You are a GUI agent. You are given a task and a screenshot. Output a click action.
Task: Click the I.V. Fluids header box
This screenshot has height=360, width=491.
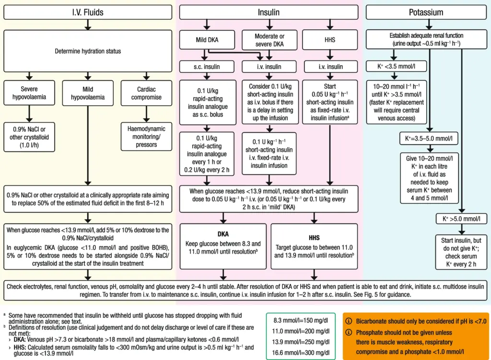pyautogui.click(x=87, y=12)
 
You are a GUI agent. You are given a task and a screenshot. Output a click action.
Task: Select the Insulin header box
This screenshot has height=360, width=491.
pyautogui.click(x=269, y=12)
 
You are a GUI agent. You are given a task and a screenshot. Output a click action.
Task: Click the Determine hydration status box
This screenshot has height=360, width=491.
pyautogui.click(x=87, y=51)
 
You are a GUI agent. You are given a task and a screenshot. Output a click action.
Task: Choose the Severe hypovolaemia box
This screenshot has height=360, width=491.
pyautogui.click(x=29, y=93)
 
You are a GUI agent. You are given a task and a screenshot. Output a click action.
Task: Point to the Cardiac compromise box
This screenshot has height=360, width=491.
pyautogui.click(x=146, y=93)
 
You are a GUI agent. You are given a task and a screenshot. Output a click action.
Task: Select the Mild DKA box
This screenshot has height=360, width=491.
pyautogui.click(x=207, y=40)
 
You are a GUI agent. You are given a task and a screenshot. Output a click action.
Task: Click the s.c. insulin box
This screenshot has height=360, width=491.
pyautogui.click(x=207, y=67)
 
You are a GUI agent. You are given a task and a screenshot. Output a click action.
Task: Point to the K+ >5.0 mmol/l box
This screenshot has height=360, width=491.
pyautogui.click(x=462, y=219)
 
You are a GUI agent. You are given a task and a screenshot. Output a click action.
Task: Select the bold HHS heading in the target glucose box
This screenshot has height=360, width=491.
pyautogui.click(x=314, y=237)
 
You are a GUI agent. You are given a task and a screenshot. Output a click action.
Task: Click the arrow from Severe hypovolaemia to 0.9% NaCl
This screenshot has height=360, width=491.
pyautogui.click(x=29, y=114)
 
